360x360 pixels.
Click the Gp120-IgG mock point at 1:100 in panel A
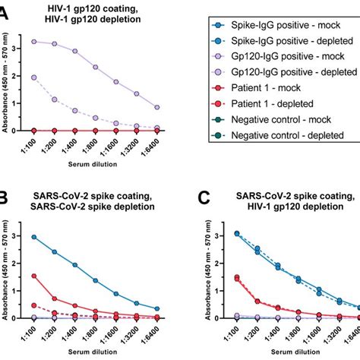click(34, 41)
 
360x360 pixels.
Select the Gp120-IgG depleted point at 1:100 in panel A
click(34, 77)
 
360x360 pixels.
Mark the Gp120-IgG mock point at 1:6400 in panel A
click(156, 107)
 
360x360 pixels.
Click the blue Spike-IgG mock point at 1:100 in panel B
click(34, 237)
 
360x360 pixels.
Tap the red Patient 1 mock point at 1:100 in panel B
click(34, 276)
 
